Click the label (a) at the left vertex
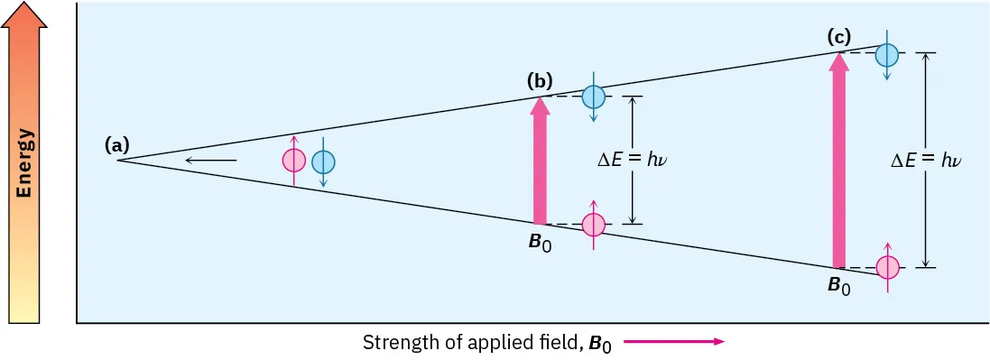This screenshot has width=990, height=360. tap(117, 144)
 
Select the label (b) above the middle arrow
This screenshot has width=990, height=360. tap(540, 81)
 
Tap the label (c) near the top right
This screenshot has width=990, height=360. tap(838, 37)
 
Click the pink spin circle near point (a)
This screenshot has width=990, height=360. tap(294, 161)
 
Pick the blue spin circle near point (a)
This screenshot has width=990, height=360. tap(323, 162)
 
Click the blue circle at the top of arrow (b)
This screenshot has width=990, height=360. tap(593, 97)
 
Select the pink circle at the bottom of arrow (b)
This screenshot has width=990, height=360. tap(593, 224)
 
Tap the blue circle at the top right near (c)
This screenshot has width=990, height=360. tap(887, 55)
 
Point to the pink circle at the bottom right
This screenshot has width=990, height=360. tap(888, 267)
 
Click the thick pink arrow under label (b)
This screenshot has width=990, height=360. tap(540, 162)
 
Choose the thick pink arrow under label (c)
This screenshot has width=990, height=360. tap(839, 162)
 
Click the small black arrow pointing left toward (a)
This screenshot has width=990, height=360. tap(210, 161)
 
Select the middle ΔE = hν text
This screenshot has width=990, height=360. tap(637, 161)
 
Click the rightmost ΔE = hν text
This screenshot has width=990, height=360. tap(926, 161)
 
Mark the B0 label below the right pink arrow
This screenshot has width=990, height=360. tap(839, 286)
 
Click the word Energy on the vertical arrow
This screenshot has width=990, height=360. tap(26, 162)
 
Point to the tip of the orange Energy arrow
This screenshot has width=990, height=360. tap(26, 7)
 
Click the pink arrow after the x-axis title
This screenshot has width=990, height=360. tap(673, 342)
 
